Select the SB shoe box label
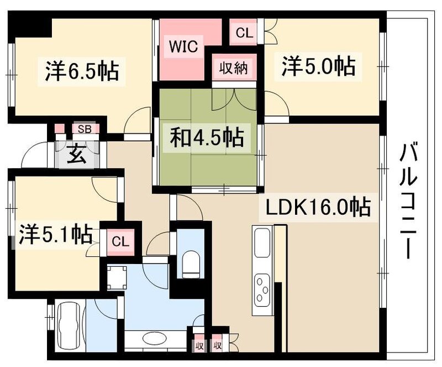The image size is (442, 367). (x=85, y=129)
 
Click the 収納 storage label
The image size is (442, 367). (x=235, y=69)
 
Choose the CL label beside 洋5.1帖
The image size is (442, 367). (x=119, y=241)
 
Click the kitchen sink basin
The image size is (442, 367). (x=261, y=243)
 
